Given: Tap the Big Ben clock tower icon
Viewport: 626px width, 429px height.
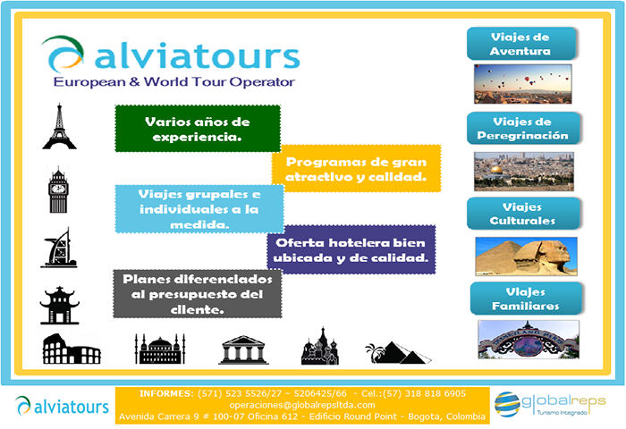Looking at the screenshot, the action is pyautogui.click(x=58, y=189).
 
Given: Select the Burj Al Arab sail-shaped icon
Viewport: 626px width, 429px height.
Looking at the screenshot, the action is pyautogui.click(x=59, y=248).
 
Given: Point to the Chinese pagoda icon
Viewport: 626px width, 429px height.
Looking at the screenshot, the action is pyautogui.click(x=60, y=305).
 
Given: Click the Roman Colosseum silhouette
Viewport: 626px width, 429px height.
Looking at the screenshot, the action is pyautogui.click(x=72, y=349).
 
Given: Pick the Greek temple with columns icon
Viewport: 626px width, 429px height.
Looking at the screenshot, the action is pyautogui.click(x=243, y=350).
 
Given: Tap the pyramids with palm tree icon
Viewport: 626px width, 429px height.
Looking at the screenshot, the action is pyautogui.click(x=398, y=352).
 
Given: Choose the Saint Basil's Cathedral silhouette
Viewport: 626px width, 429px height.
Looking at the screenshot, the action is pyautogui.click(x=320, y=346).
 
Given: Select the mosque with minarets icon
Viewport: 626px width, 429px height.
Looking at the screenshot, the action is pyautogui.click(x=160, y=349).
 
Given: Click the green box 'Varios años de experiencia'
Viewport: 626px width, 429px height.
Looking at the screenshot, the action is pyautogui.click(x=198, y=129).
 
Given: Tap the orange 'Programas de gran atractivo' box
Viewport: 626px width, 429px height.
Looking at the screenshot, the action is pyautogui.click(x=356, y=169).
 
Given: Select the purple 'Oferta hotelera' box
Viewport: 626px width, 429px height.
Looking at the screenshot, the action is pyautogui.click(x=351, y=250).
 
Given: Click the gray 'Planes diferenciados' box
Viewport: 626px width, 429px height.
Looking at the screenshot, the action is pyautogui.click(x=198, y=294).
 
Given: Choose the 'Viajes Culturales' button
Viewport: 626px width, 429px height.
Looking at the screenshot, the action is pyautogui.click(x=523, y=214).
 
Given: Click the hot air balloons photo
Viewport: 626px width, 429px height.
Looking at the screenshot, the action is pyautogui.click(x=523, y=84).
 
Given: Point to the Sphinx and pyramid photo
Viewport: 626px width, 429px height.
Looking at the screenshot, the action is pyautogui.click(x=526, y=257).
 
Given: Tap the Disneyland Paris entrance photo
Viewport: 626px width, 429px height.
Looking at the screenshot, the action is pyautogui.click(x=529, y=340).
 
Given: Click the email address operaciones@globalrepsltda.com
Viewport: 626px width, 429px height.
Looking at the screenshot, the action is pyautogui.click(x=302, y=405).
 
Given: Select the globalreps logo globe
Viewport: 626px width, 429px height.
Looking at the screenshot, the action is pyautogui.click(x=507, y=404).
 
